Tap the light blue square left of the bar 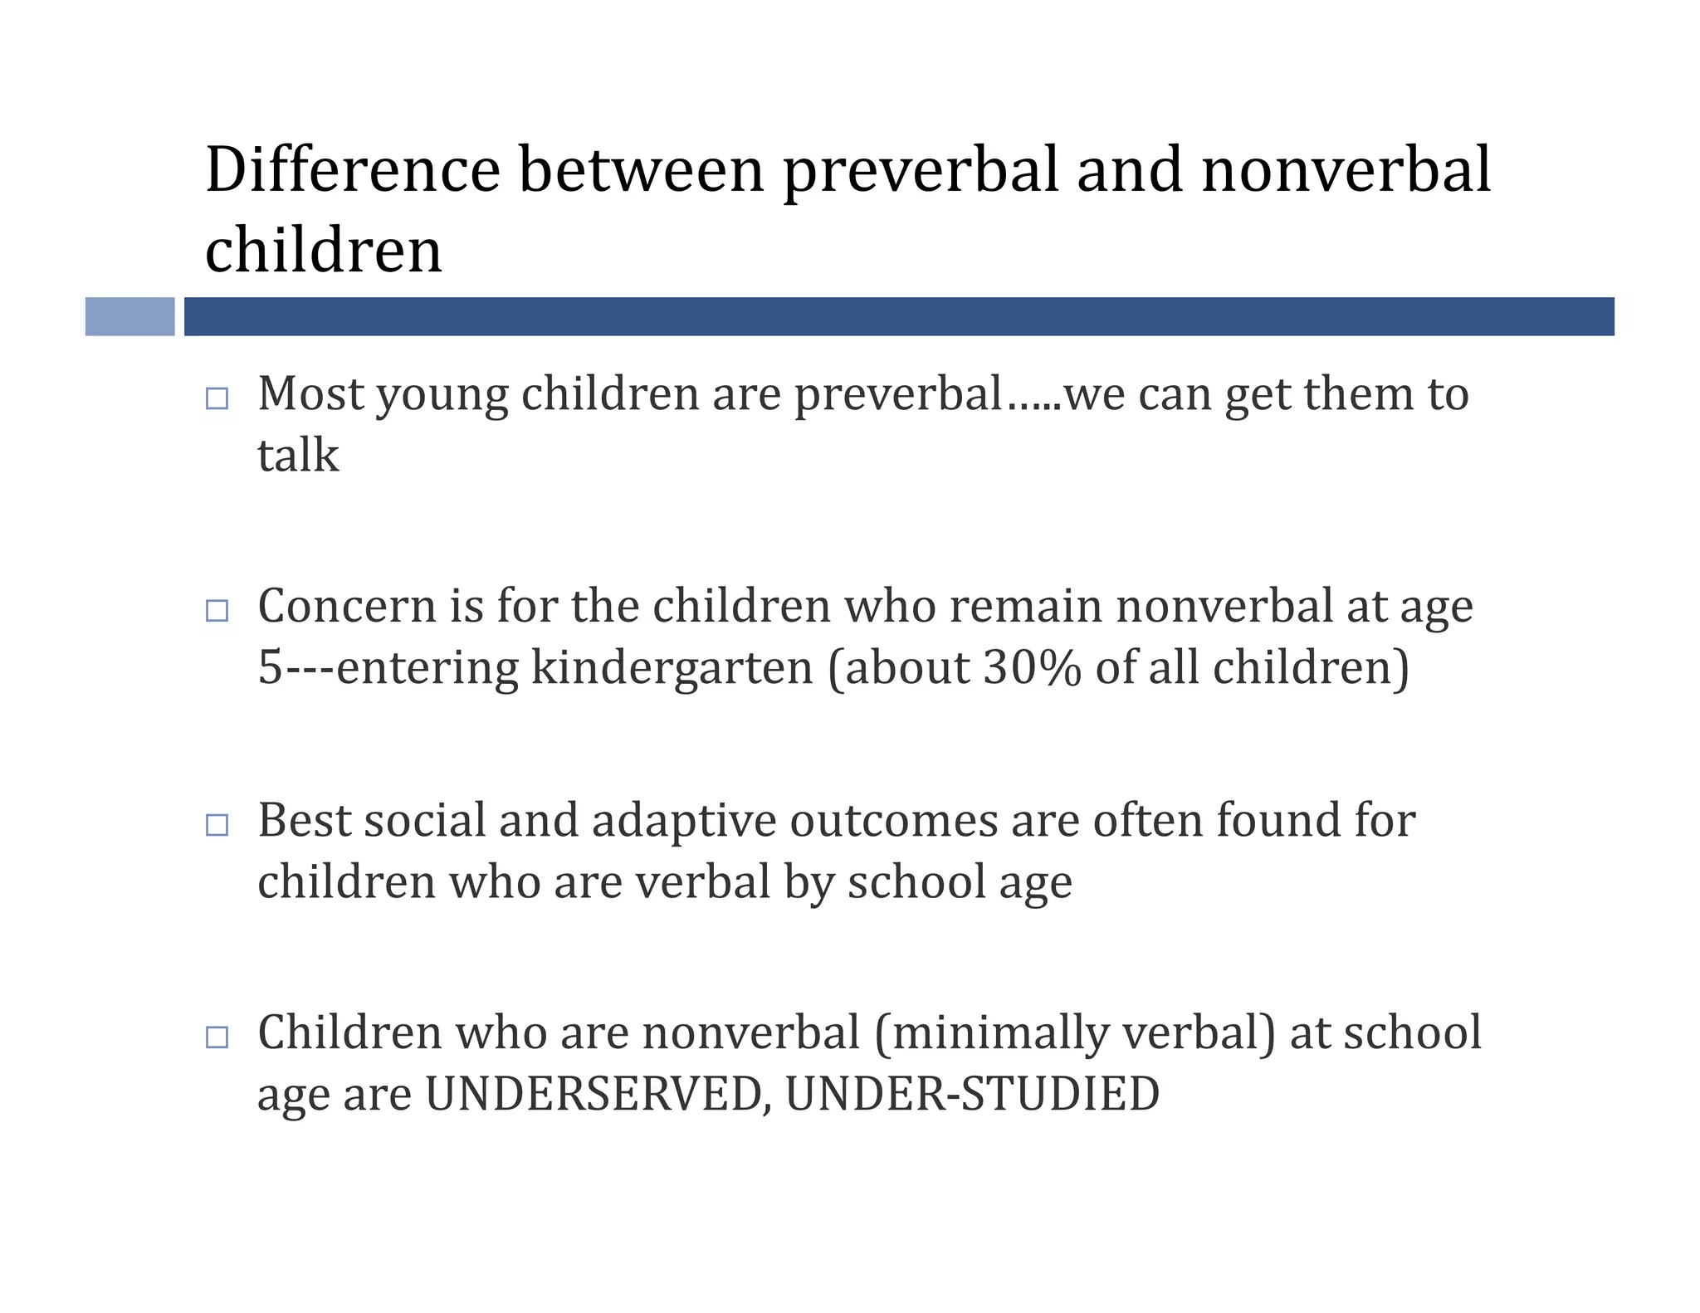[129, 316]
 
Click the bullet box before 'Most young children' [217, 398]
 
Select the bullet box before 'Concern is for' [217, 611]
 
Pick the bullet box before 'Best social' [217, 824]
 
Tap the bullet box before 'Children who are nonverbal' [217, 1037]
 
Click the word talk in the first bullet [298, 455]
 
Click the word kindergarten [672, 667]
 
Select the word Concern [347, 606]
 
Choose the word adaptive [684, 820]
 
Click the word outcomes [894, 820]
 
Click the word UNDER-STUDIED [972, 1094]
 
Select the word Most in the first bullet [310, 393]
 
